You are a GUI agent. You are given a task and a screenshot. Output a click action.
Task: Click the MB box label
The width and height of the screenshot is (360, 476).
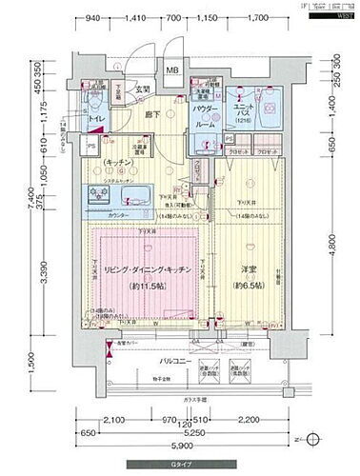pos(173,70)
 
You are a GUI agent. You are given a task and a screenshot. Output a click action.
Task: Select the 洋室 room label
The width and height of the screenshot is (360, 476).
pos(248,269)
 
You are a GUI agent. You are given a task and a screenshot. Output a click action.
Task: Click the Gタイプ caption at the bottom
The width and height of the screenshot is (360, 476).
pos(180,466)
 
